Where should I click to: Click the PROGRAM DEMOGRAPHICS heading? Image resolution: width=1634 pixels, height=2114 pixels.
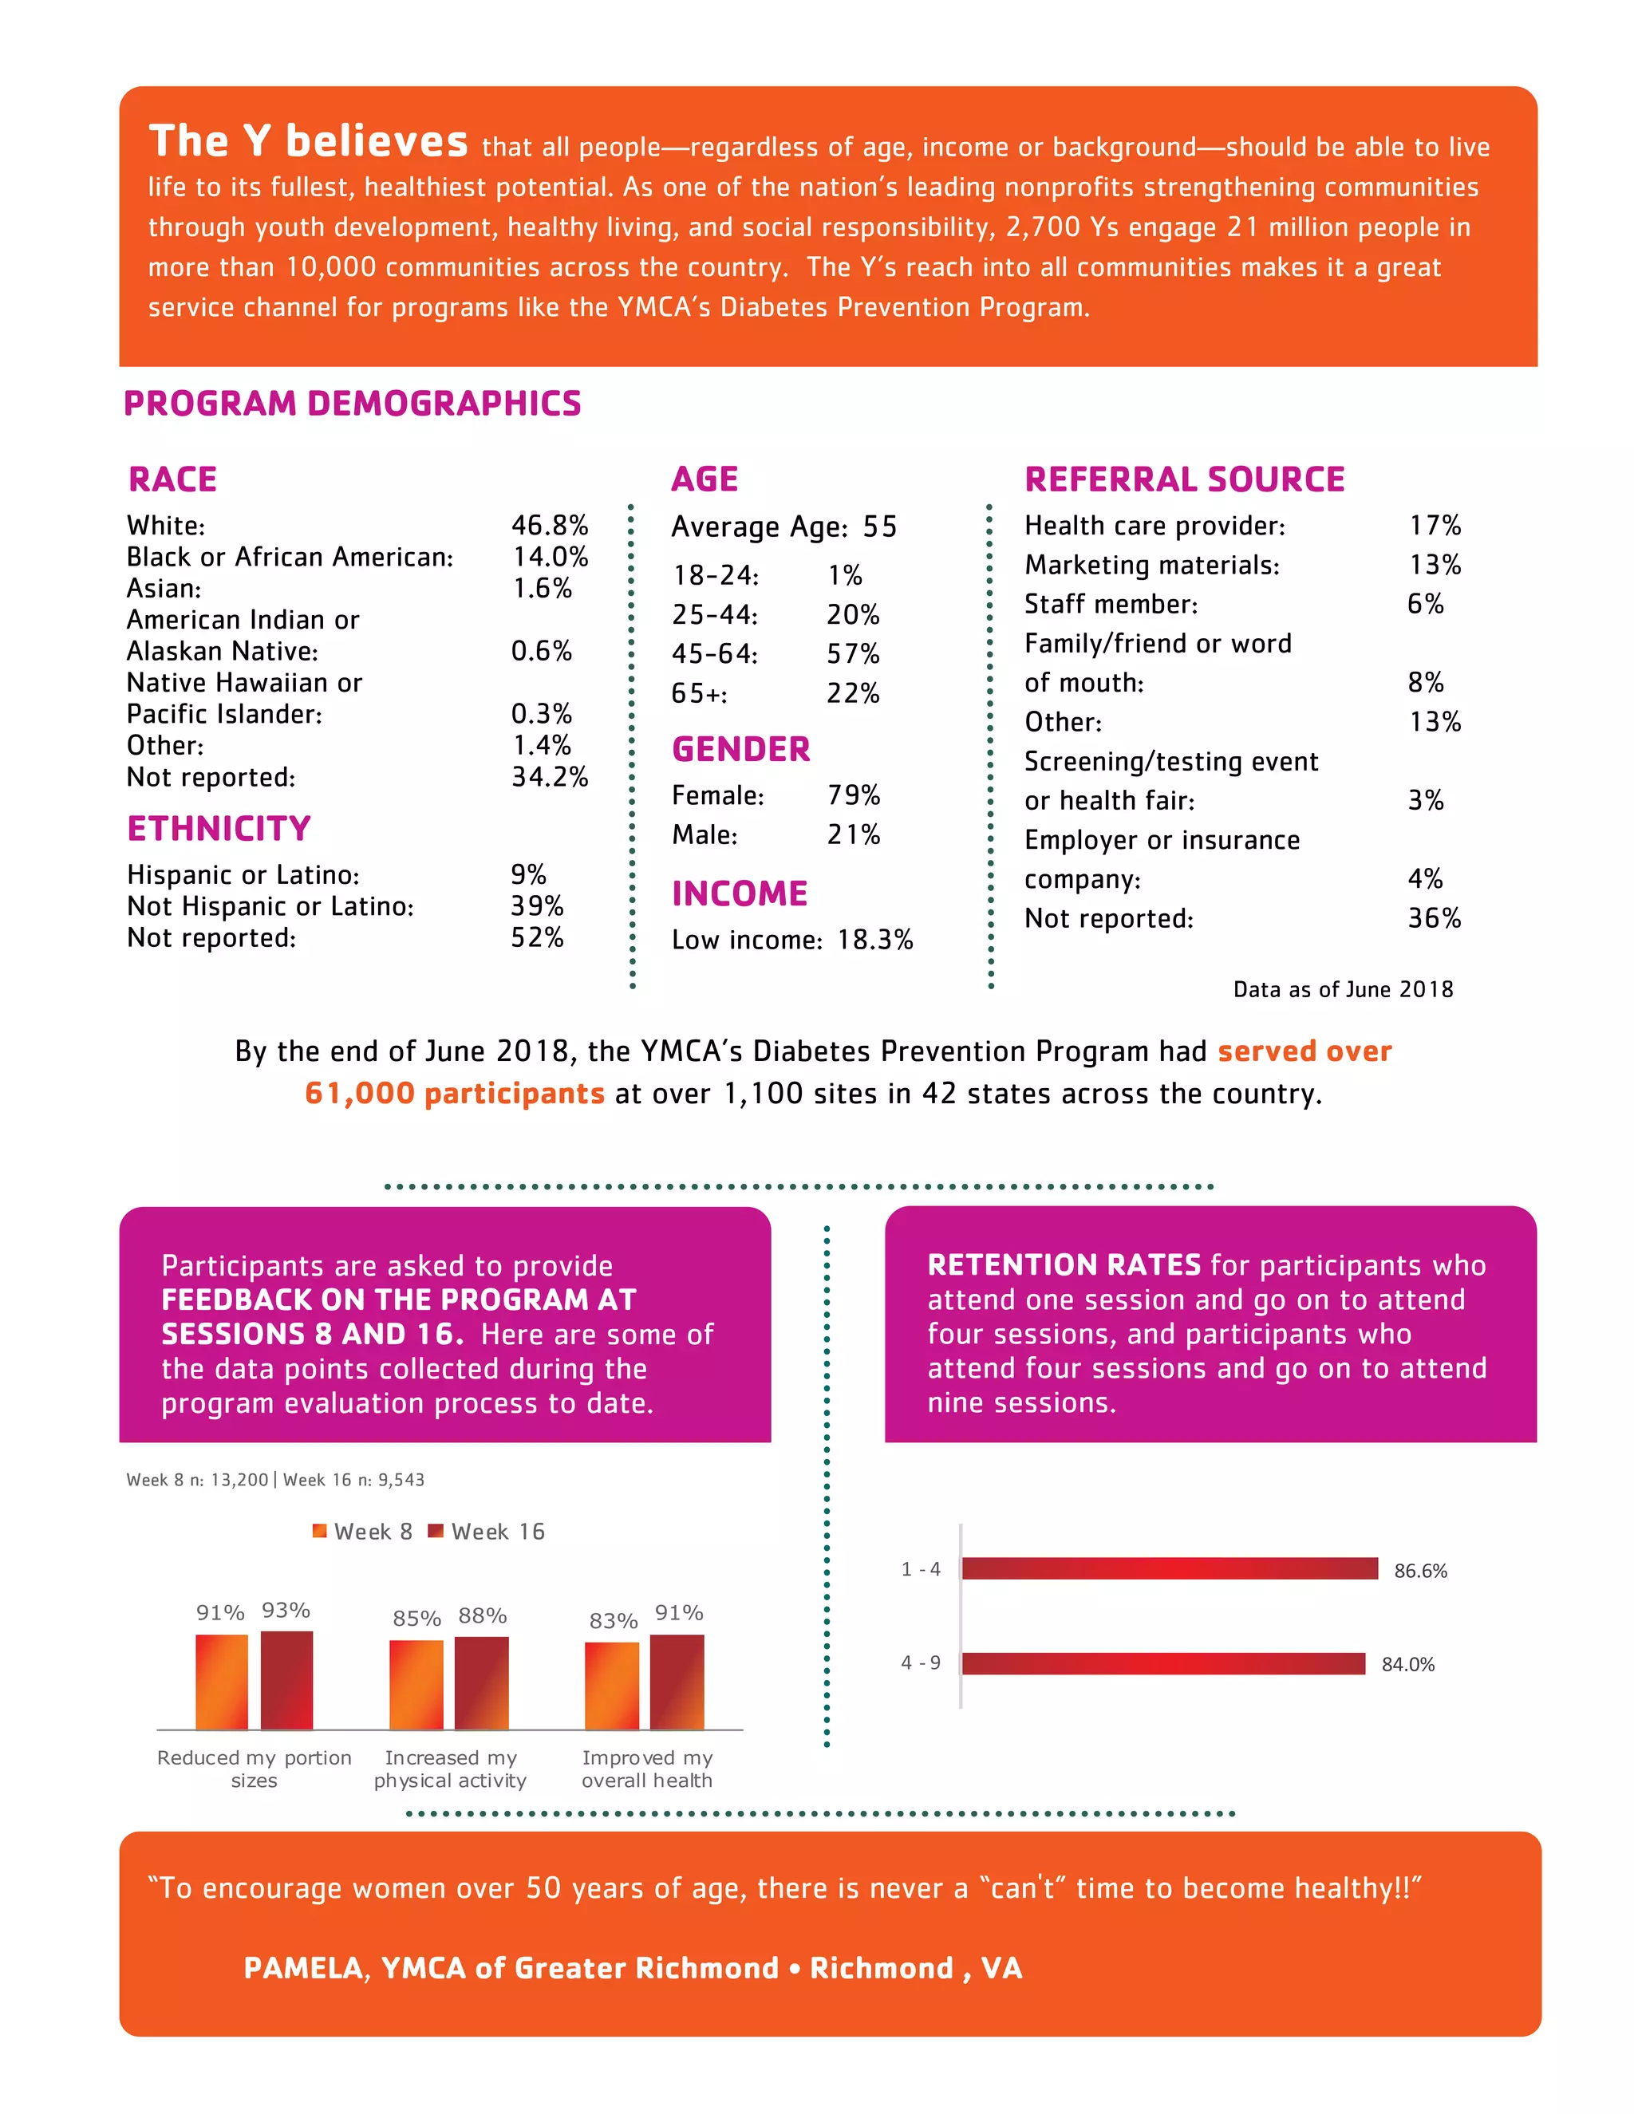pyautogui.click(x=353, y=404)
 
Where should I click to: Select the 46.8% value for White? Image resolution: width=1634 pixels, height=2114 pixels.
pyautogui.click(x=549, y=526)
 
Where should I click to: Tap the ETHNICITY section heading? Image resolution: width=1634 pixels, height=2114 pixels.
pyautogui.click(x=219, y=829)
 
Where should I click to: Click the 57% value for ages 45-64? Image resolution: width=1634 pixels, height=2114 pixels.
pyautogui.click(x=852, y=654)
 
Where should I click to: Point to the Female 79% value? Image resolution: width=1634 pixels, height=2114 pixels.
pyautogui.click(x=853, y=795)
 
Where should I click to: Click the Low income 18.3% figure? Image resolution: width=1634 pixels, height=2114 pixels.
pyautogui.click(x=874, y=940)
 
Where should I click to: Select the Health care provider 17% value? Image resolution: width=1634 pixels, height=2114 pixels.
pyautogui.click(x=1434, y=526)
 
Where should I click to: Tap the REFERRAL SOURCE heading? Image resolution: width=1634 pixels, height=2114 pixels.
pyautogui.click(x=1184, y=479)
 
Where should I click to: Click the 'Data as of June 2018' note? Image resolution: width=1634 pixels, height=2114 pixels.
pyautogui.click(x=1342, y=989)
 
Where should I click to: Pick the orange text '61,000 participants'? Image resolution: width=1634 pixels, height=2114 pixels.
pyautogui.click(x=454, y=1094)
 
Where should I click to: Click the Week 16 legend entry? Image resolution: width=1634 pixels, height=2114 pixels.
pyautogui.click(x=487, y=1532)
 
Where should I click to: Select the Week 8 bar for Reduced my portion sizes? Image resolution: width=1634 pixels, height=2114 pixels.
pyautogui.click(x=222, y=1682)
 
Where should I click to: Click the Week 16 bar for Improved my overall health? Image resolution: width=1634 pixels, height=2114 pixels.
pyautogui.click(x=677, y=1682)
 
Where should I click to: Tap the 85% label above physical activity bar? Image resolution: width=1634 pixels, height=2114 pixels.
pyautogui.click(x=416, y=1619)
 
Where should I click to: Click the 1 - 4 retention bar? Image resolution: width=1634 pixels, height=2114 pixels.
pyautogui.click(x=1168, y=1568)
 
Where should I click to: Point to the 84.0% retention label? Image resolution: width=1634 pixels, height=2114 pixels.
pyautogui.click(x=1407, y=1664)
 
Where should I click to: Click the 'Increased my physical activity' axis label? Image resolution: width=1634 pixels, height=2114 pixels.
pyautogui.click(x=450, y=1769)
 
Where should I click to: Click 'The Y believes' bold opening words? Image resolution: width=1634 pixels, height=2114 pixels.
pyautogui.click(x=308, y=141)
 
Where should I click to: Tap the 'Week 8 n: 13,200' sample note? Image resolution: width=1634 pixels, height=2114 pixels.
pyautogui.click(x=196, y=1480)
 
